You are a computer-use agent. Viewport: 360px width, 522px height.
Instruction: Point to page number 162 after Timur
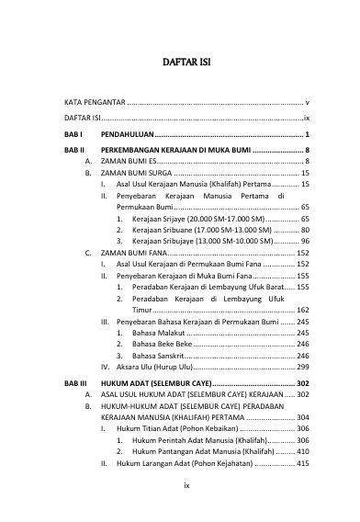(x=302, y=311)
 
